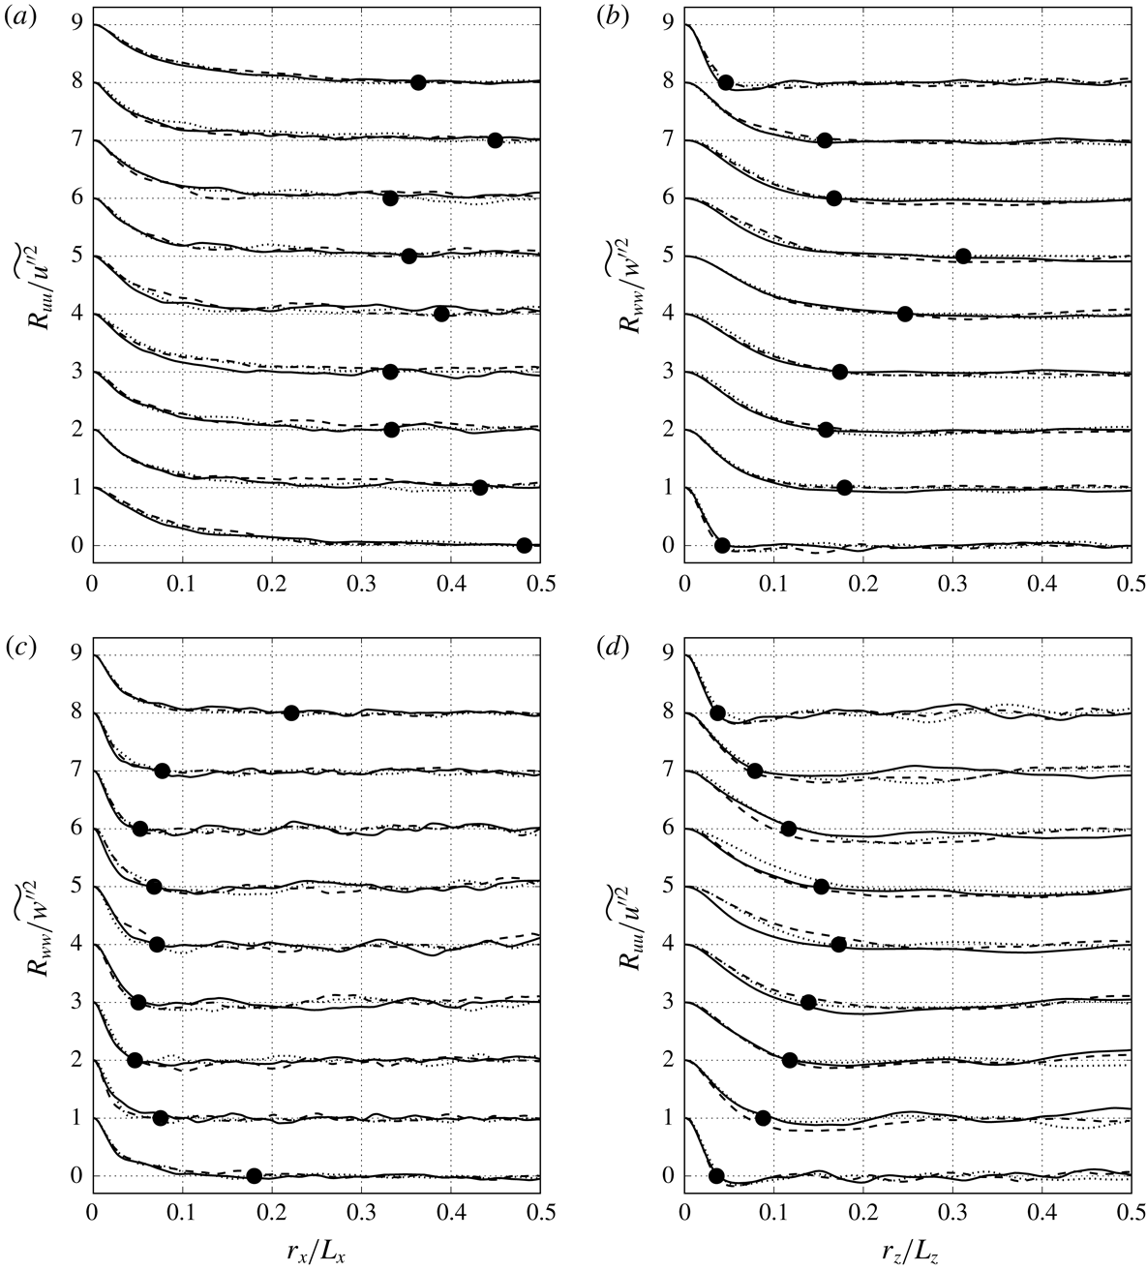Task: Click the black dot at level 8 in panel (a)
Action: [418, 82]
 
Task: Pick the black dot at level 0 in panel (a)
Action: [525, 545]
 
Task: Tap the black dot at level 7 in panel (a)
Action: [495, 140]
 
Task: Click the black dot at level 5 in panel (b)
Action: [963, 256]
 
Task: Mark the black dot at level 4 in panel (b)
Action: [905, 314]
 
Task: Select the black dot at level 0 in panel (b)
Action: [721, 545]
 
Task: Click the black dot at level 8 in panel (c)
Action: [291, 712]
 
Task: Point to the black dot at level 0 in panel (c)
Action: [255, 1176]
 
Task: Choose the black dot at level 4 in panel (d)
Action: [838, 944]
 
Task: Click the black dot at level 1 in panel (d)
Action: [763, 1118]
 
